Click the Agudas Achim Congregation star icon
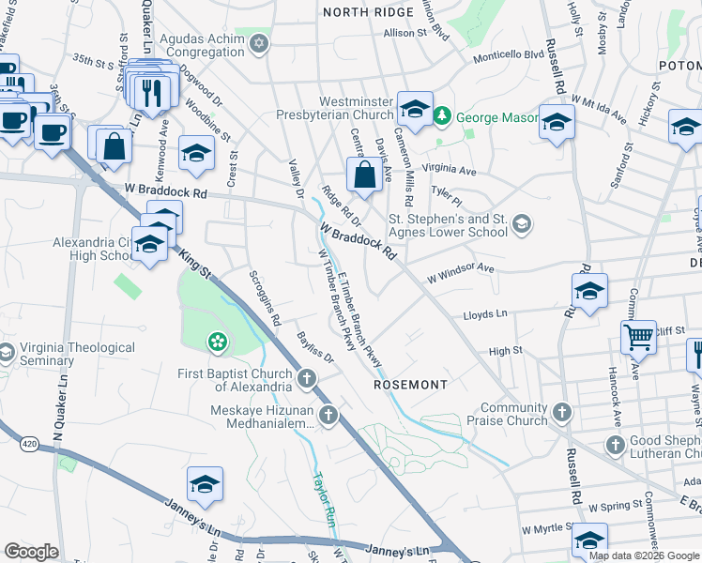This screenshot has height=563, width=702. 258,44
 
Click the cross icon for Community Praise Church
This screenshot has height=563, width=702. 561,411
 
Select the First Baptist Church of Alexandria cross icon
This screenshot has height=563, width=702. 306,379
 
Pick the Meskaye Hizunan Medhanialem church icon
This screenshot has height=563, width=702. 328,415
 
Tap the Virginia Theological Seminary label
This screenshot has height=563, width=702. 77,354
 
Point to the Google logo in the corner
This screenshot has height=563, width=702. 31,552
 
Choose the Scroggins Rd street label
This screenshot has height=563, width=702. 264,297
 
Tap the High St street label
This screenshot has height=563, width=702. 505,351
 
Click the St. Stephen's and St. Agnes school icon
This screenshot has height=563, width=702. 522,224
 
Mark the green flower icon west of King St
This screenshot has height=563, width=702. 218,341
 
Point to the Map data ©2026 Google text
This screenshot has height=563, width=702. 644,555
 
